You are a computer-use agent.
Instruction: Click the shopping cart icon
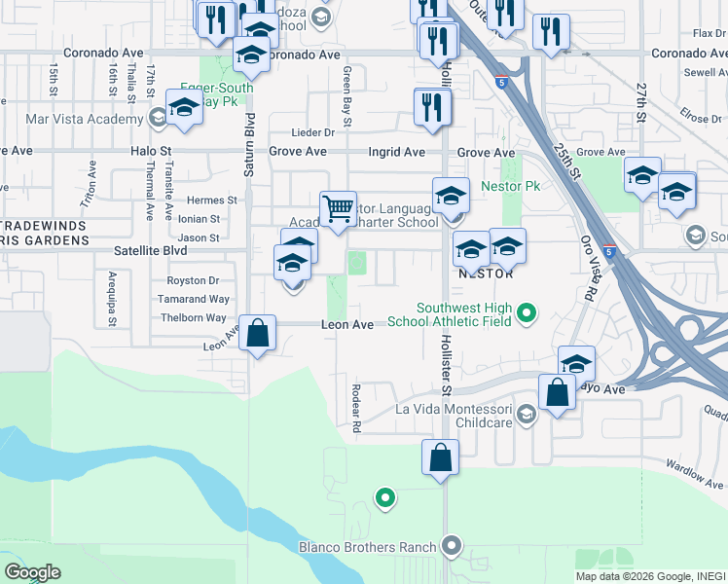pyautogui.click(x=337, y=209)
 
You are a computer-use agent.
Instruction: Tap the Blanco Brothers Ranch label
pyautogui.click(x=382, y=547)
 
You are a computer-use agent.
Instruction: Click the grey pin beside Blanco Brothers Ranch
pyautogui.click(x=450, y=546)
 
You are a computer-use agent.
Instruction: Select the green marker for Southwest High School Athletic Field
pyautogui.click(x=527, y=313)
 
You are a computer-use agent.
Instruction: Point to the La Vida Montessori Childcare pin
pyautogui.click(x=526, y=416)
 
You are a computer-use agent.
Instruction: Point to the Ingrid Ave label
pyautogui.click(x=396, y=152)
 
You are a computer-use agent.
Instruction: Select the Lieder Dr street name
pyautogui.click(x=313, y=132)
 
